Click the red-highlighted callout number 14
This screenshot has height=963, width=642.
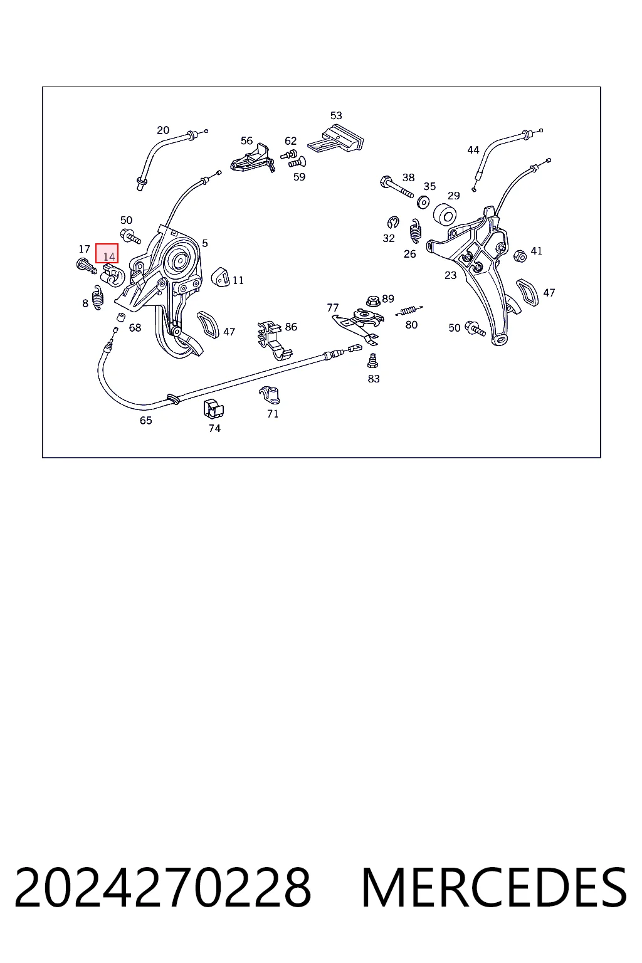point(109,256)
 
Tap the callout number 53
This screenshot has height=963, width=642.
point(336,115)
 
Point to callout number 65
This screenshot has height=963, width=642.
point(146,420)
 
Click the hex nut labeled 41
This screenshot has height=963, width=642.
point(520,256)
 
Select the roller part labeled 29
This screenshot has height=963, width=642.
point(445,214)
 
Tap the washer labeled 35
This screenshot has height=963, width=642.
point(424,201)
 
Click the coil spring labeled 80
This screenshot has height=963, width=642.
point(409,310)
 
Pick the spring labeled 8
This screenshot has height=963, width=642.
point(98,298)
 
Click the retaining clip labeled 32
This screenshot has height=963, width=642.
point(393,223)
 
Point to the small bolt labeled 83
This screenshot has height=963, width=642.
point(372,360)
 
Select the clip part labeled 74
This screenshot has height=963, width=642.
point(213,408)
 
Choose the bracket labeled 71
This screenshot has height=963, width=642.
point(270,395)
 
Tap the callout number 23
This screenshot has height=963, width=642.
point(450,275)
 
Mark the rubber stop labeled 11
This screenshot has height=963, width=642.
point(221,277)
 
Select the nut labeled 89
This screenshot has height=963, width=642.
point(373,300)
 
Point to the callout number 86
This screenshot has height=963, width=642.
point(291,327)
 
